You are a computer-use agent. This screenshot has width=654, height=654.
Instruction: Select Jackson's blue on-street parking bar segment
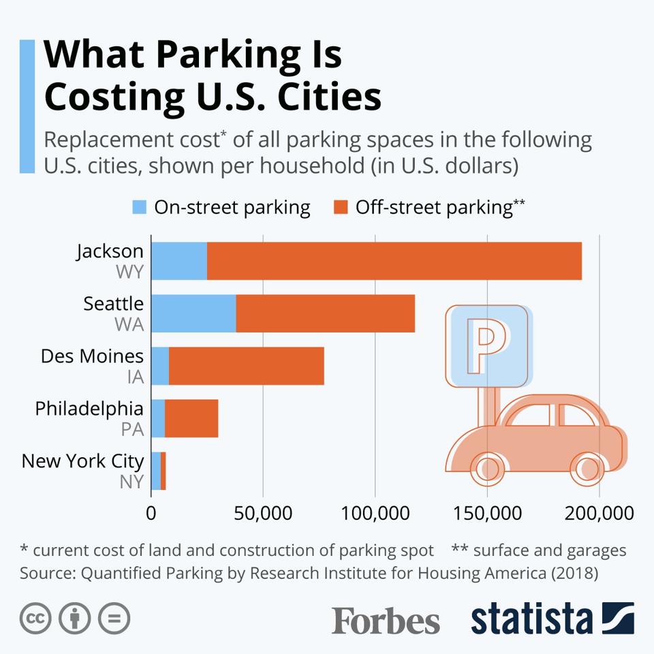click(178, 261)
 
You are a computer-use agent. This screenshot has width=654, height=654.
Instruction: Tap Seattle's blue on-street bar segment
click(193, 313)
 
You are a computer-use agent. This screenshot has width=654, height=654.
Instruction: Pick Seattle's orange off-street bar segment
click(325, 313)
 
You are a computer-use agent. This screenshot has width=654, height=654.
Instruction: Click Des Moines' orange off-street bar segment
click(246, 366)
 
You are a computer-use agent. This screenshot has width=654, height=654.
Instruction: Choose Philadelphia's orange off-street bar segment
click(191, 418)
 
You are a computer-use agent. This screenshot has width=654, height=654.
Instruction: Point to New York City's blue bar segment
click(156, 471)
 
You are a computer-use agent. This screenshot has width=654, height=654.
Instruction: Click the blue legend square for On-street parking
click(139, 208)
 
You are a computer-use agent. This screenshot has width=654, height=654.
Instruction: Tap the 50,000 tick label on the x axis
click(263, 513)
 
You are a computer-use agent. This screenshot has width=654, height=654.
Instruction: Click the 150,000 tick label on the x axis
click(487, 513)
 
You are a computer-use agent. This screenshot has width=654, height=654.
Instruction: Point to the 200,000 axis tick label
click(599, 513)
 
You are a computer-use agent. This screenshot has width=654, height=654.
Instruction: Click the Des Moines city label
click(93, 356)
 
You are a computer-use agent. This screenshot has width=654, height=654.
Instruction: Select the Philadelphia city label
click(89, 409)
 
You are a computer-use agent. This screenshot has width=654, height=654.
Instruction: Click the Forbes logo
click(386, 620)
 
